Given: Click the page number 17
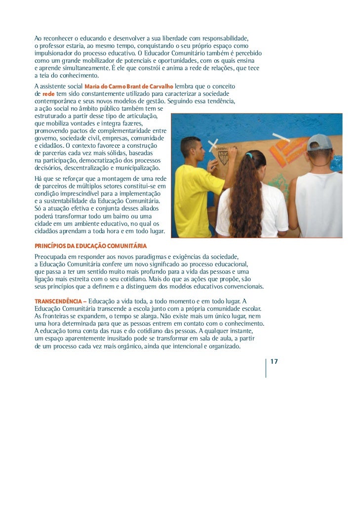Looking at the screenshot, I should click(x=274, y=362).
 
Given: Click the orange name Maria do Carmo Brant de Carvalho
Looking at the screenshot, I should click(x=129, y=86).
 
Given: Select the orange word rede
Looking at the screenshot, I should click(x=48, y=93).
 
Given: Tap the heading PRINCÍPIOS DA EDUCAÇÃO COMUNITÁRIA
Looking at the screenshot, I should click(x=90, y=246).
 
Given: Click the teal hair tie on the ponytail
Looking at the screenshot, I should click(x=250, y=155).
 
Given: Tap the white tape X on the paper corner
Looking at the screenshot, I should click(x=213, y=145).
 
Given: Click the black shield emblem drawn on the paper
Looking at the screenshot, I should click(x=224, y=157).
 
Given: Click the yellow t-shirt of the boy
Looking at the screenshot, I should click(x=198, y=200).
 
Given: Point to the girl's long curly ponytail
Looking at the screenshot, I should click(x=247, y=198).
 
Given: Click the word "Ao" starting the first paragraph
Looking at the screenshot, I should click(x=39, y=38).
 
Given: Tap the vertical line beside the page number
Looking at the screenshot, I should click(x=266, y=368).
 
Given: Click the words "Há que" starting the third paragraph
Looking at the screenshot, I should click(x=43, y=178).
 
